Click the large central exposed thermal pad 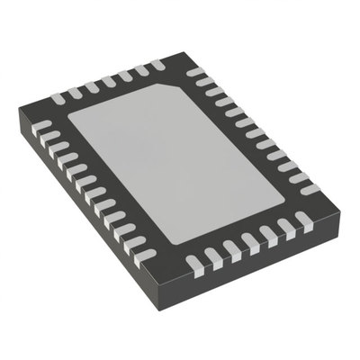coord(184,162)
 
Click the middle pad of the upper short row coord(108,81)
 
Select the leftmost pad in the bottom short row coord(193,264)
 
